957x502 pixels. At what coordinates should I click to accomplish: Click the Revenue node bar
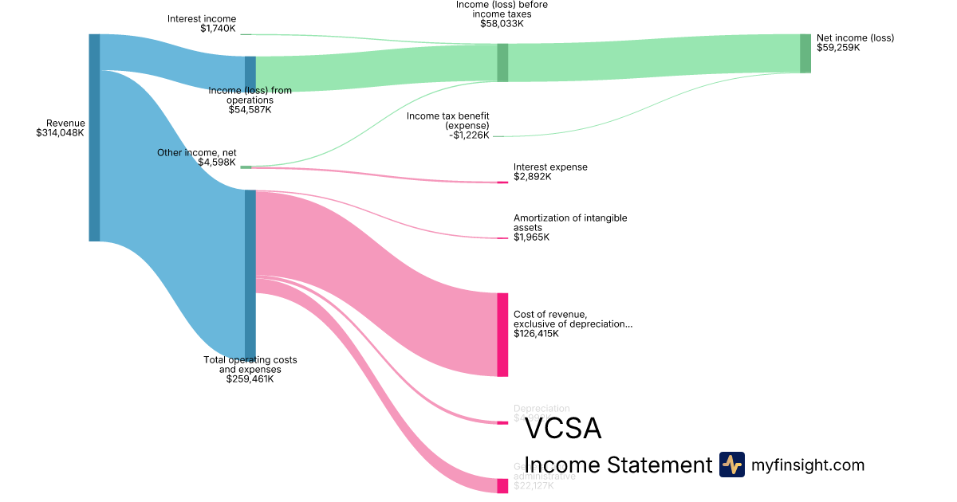tap(94, 137)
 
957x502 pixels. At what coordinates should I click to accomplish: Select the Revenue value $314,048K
tap(61, 133)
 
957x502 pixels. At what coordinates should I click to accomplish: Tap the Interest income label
tap(202, 19)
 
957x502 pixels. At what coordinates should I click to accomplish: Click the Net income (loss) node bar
tap(805, 53)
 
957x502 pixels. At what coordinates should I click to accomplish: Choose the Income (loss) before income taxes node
tap(502, 62)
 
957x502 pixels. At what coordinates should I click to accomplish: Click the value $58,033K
tap(502, 24)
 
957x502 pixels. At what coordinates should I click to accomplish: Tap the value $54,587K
tap(250, 110)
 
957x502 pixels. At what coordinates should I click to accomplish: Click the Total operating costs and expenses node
tap(250, 275)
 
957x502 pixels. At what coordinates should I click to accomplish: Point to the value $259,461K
tap(250, 379)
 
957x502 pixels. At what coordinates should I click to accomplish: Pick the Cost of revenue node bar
tap(502, 335)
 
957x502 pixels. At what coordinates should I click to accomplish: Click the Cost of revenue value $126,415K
tap(536, 334)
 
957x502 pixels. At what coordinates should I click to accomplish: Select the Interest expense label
tap(550, 167)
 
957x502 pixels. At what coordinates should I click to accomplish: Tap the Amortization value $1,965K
tap(532, 237)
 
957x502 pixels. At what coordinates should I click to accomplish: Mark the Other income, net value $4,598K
tap(217, 163)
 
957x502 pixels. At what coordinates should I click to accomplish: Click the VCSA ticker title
tap(563, 429)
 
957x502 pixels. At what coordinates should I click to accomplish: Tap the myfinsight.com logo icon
tap(731, 465)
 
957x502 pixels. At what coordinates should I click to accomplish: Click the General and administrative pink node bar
tap(502, 486)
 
